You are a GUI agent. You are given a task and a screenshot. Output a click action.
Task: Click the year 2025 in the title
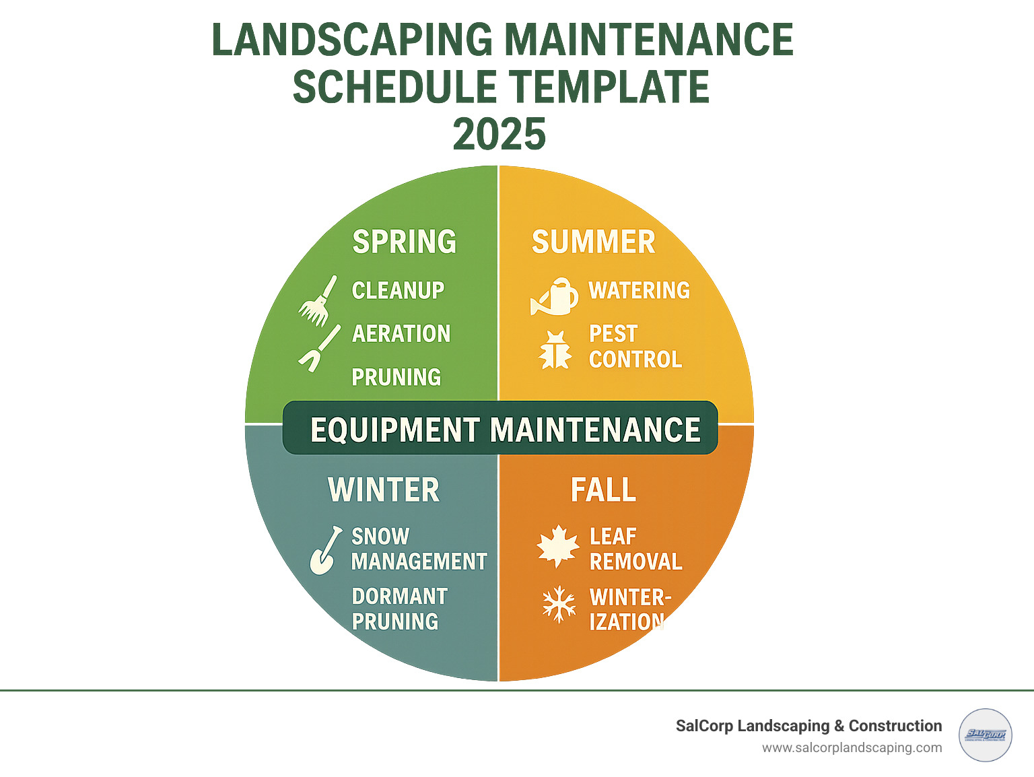499,134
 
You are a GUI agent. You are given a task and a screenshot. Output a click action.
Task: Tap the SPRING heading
404,242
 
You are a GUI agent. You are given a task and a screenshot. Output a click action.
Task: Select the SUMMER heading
593,242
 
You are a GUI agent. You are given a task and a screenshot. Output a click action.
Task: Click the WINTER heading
384,490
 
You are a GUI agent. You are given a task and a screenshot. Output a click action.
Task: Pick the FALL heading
603,490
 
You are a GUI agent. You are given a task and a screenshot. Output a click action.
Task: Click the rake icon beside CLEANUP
318,300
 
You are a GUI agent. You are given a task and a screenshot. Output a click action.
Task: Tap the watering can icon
555,297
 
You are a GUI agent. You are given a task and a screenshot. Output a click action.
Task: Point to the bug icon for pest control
555,349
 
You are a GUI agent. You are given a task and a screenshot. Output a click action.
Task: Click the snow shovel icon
324,551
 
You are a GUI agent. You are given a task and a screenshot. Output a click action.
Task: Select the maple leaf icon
558,546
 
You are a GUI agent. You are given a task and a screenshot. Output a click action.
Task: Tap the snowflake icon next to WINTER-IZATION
559,603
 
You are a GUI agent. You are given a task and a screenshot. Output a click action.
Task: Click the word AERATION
401,334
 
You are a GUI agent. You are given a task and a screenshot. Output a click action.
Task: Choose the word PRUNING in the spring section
397,378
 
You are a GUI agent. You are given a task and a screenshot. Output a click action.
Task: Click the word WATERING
640,291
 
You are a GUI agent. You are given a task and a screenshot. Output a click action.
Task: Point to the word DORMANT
399,597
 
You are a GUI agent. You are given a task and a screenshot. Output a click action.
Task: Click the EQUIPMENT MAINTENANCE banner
500,429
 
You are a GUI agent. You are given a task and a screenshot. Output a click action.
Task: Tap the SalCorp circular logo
985,735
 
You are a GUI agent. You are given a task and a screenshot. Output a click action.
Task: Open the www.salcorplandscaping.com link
852,748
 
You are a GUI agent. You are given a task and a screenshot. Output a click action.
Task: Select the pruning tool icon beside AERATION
318,348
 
